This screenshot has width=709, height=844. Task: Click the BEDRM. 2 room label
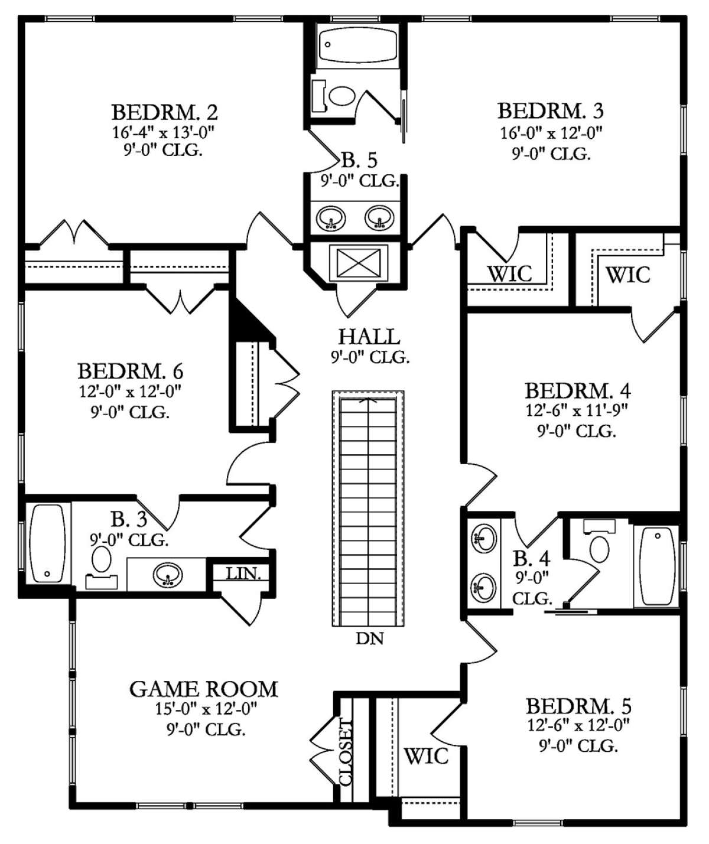165,112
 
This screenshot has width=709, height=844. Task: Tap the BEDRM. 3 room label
550,110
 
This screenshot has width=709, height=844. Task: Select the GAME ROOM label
203,689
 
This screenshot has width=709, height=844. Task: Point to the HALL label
369,337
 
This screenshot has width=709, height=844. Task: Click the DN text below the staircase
370,638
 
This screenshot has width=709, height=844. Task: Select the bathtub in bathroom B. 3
47,543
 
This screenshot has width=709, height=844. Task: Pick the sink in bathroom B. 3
168,574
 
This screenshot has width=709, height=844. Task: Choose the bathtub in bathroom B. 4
657,565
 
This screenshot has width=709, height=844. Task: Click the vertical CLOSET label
346,751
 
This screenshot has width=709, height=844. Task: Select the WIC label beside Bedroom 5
425,755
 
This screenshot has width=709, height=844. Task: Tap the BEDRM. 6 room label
130,372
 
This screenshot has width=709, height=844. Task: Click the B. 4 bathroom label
532,558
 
